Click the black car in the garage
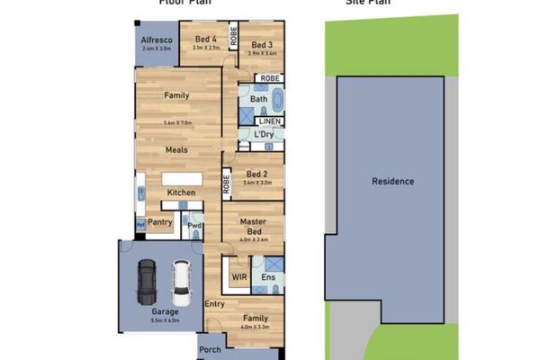(x=147, y=282)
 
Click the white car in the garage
(x=181, y=282)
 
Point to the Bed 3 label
(x=262, y=45)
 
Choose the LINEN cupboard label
(x=270, y=121)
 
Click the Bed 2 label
(x=256, y=175)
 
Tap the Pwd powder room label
(x=193, y=225)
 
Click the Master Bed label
(x=254, y=225)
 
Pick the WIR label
(x=239, y=278)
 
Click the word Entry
(x=215, y=303)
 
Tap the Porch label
(x=210, y=349)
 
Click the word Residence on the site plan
(x=393, y=181)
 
